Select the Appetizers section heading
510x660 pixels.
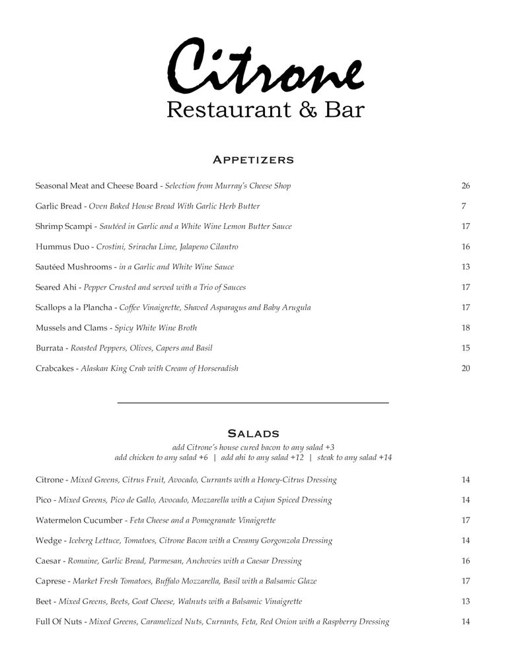coord(253,160)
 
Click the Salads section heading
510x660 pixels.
coord(253,434)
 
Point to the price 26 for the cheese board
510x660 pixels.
coord(465,186)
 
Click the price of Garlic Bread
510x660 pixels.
coord(464,207)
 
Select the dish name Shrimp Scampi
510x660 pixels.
coord(64,226)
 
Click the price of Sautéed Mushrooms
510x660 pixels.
coord(465,267)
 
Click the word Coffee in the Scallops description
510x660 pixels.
coord(132,308)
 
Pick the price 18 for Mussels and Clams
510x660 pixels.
coord(465,328)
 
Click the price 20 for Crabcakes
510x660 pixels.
coord(465,368)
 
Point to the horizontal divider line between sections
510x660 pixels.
coord(253,403)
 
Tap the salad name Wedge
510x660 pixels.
coord(48,541)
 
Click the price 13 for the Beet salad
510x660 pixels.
coord(465,601)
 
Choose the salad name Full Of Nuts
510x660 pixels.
coord(59,622)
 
